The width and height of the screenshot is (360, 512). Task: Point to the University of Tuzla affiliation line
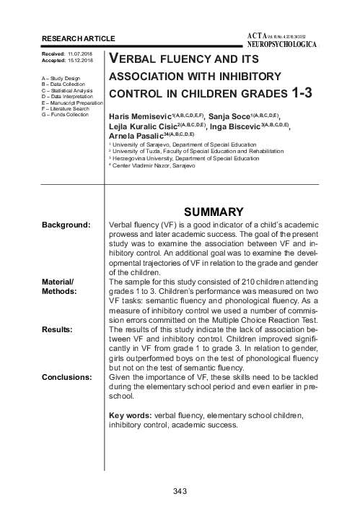coord(195,151)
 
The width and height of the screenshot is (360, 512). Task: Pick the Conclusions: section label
coord(66,377)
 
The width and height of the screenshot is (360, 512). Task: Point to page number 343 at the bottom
coord(180,492)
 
